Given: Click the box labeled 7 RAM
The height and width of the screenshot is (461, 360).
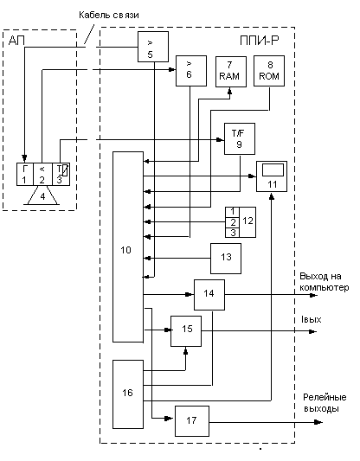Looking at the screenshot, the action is point(231,72).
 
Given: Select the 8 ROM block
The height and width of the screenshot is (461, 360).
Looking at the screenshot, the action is point(269,71).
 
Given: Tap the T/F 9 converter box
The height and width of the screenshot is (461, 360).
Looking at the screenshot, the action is point(240,138).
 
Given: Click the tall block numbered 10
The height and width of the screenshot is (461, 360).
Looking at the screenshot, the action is point(128,247).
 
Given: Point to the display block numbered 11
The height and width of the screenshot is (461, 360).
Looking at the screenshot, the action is point(272,176).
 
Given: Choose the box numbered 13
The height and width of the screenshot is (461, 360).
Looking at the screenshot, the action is point(226,259).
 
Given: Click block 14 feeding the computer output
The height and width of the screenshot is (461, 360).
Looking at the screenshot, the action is point(209,295).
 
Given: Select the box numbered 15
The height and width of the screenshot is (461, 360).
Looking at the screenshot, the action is point(186,331).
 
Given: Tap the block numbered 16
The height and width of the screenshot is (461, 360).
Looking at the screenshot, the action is point(128,394).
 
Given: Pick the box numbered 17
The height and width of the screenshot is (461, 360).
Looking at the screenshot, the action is point(192,421).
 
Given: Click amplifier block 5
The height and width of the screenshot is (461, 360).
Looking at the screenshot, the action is point(153,47).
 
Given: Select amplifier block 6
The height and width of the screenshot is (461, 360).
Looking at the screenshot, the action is point(191,71).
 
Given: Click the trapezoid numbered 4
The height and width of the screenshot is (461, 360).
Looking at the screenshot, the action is point(43,195).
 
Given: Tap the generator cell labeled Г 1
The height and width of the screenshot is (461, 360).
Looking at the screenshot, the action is point(25,175).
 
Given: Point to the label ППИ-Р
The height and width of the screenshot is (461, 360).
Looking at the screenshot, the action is point(259,41).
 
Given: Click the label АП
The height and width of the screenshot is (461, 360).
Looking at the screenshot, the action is point(16,41).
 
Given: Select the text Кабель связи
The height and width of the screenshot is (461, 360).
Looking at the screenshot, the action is point(109,15).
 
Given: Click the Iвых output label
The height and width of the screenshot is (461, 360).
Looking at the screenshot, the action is point(311,319).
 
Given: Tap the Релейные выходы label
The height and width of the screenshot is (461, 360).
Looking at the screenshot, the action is point(325,403).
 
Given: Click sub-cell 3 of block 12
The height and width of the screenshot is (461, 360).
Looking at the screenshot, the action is point(233,233).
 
